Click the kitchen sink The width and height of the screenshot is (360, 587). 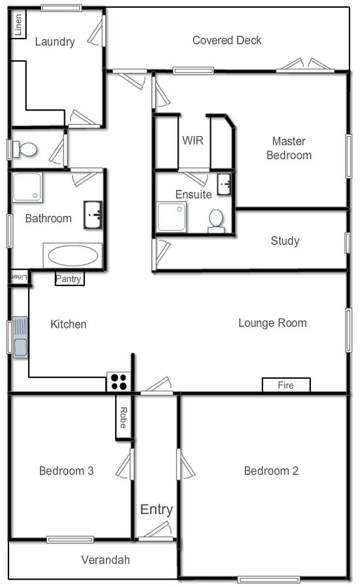20,337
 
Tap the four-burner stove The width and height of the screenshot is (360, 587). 118,382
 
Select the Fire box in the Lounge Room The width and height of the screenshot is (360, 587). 286,385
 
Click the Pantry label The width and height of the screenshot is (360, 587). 68,279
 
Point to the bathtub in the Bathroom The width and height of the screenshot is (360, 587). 73,256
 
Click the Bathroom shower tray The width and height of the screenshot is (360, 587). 27,187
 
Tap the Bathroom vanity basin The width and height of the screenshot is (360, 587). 92,215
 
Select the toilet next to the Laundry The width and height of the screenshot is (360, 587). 25,149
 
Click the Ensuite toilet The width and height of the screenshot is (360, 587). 216,221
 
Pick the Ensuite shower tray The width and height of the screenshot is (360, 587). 171,217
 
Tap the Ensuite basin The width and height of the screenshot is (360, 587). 225,184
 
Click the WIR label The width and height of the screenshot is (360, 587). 193,141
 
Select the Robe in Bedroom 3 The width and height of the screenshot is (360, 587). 123,418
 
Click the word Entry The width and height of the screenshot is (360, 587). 156,510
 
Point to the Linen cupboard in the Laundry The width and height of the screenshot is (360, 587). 18,25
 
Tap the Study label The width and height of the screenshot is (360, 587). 285,241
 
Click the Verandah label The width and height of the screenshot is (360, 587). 105,560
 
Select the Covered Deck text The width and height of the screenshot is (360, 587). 227,40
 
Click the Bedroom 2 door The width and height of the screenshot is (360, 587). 185,464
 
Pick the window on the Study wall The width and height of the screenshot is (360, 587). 348,243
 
